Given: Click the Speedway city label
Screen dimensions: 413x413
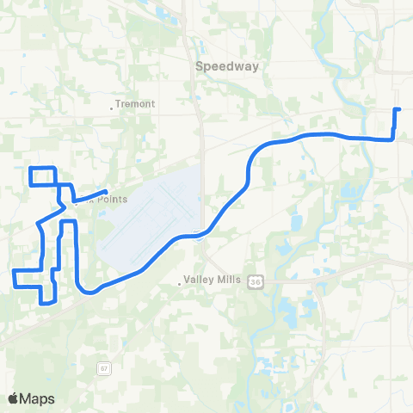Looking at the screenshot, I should [221, 65].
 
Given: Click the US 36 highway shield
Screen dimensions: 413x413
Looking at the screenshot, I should [256, 281].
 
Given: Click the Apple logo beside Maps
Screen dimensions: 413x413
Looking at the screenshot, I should [14, 398].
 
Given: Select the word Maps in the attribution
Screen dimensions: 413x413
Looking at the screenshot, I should [38, 398].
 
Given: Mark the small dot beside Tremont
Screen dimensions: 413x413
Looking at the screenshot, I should [113, 108].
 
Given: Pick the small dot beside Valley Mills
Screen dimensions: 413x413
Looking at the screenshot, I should [182, 280].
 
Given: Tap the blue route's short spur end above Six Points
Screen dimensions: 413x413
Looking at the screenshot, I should [106, 191].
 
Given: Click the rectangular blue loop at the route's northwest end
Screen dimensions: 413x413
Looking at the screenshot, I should [43, 176].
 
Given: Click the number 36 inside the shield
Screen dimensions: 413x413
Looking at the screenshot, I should [256, 281].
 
